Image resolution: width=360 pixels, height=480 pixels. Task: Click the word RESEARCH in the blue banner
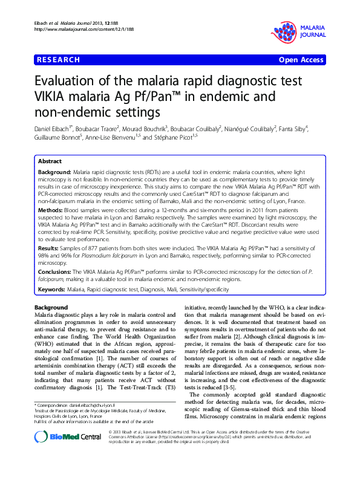[58, 60]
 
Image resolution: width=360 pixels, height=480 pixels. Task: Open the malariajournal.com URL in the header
[76, 28]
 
